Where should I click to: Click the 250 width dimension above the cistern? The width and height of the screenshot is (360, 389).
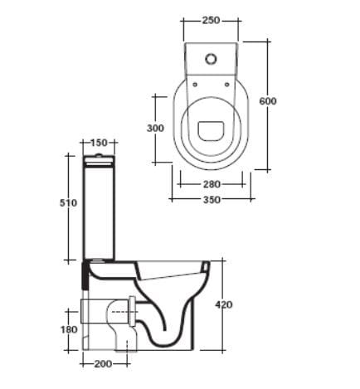pyautogui.click(x=210, y=21)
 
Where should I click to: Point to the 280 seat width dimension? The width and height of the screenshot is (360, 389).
pyautogui.click(x=212, y=184)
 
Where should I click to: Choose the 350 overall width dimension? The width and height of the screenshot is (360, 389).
pyautogui.click(x=211, y=200)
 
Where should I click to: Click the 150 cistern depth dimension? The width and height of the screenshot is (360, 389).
pyautogui.click(x=100, y=142)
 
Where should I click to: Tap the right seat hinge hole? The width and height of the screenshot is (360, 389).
pyautogui.click(x=228, y=83)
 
